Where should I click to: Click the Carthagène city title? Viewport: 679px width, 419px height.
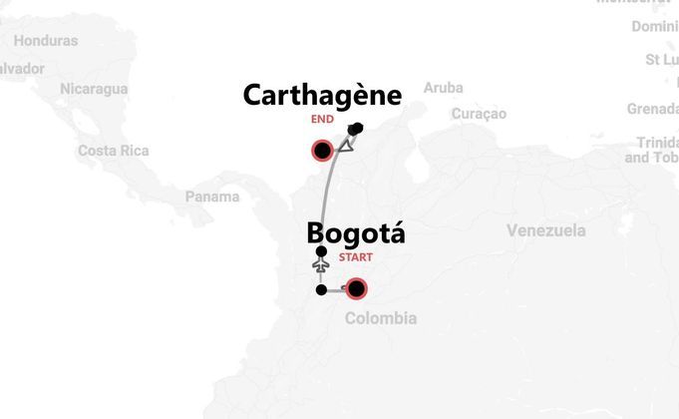(x=322, y=96)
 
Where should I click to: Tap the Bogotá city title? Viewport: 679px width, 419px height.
(x=356, y=233)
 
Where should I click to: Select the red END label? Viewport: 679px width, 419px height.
(x=322, y=120)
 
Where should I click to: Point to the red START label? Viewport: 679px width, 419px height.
(x=356, y=257)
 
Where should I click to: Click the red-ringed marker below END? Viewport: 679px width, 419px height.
(x=322, y=151)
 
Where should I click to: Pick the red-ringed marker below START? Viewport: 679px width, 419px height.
(x=355, y=289)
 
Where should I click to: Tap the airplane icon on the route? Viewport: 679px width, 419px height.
(x=320, y=267)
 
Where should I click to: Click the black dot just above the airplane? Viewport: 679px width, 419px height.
(x=320, y=251)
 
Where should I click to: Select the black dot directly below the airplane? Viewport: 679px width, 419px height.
(x=320, y=290)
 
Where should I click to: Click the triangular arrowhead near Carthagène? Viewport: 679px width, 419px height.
(x=346, y=146)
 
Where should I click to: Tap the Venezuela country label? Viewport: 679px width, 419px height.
(x=545, y=231)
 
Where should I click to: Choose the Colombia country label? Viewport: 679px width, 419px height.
(x=380, y=318)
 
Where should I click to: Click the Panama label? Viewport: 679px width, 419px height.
(x=212, y=197)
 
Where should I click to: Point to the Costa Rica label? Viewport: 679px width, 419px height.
(x=113, y=151)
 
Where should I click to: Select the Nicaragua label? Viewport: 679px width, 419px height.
(x=94, y=89)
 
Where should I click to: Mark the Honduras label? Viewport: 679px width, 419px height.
(x=46, y=41)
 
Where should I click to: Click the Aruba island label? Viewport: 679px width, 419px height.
(x=443, y=88)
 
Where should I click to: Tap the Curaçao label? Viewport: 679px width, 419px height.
(x=479, y=114)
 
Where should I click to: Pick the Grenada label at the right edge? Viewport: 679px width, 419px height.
(x=653, y=108)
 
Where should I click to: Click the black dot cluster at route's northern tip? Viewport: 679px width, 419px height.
(x=356, y=128)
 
